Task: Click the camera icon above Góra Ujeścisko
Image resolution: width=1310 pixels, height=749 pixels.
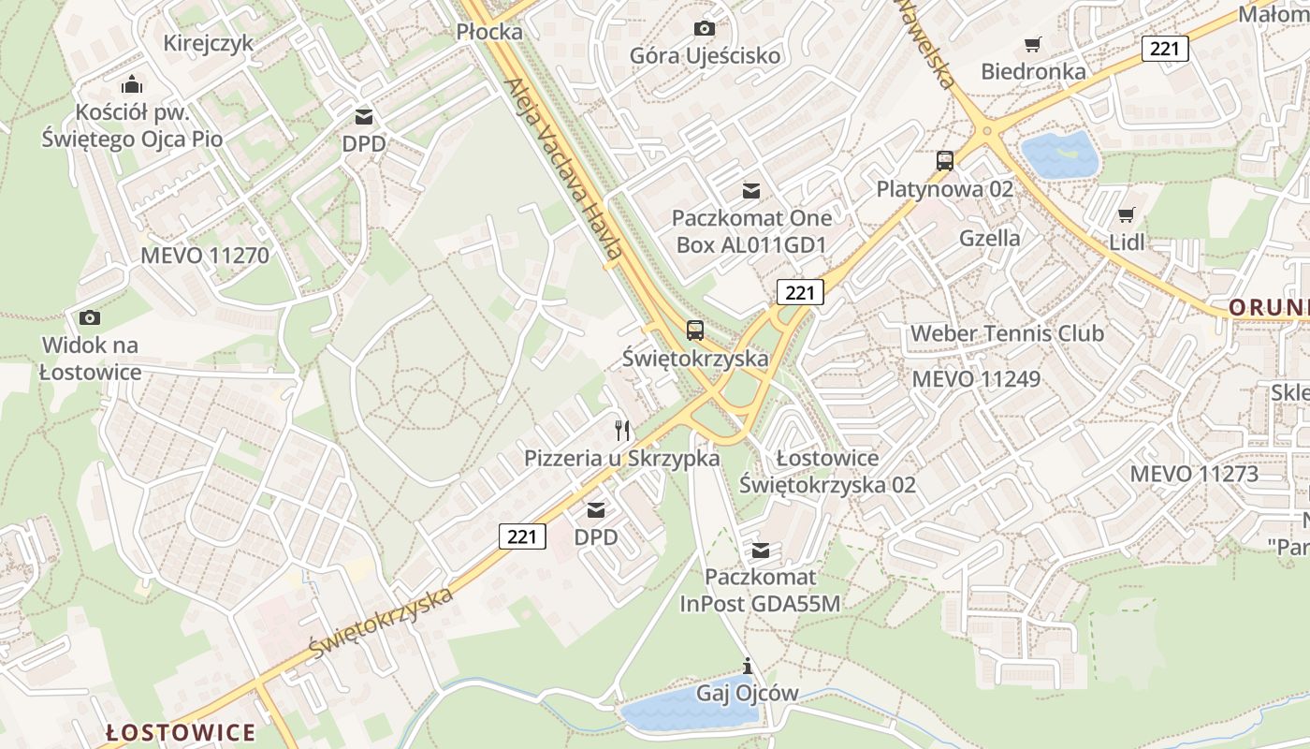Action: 705,29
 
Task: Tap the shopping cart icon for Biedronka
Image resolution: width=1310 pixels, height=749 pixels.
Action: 1033,44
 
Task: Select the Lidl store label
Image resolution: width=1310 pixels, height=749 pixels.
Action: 1127,242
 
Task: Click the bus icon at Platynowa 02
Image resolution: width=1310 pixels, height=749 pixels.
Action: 945,161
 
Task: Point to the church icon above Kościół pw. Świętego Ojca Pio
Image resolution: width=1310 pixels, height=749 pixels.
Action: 133,84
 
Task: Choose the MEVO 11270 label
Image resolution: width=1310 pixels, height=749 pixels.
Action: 205,256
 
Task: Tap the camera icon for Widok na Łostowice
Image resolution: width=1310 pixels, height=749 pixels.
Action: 90,317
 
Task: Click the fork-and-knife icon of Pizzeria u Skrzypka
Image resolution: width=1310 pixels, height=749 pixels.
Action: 622,431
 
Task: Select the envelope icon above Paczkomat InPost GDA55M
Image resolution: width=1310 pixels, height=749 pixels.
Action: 761,550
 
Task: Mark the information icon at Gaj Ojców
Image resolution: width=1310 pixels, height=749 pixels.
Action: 747,667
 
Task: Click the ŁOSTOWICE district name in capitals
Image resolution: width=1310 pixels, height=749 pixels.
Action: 181,731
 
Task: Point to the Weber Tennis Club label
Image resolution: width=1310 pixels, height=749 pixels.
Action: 1007,333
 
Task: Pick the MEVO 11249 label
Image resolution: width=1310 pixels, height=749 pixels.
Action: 976,379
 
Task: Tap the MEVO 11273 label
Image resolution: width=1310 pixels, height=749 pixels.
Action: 1194,474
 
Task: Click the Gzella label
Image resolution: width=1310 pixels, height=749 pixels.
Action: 990,238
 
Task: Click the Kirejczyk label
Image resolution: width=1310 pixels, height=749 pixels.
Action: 208,43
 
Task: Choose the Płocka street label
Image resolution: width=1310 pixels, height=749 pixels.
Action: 489,32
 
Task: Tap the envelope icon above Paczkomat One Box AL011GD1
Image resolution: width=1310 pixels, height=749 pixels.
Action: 750,192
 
